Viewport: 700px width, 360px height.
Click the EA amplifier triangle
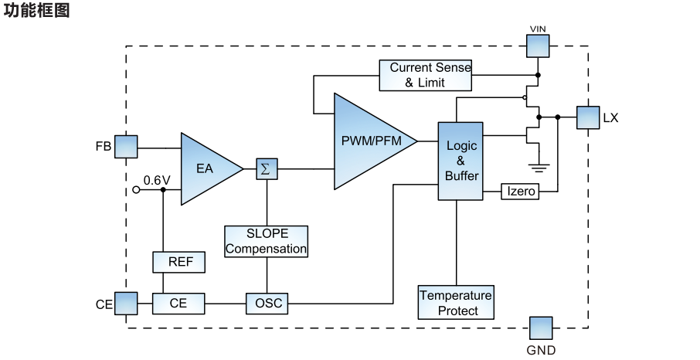(x=207, y=168)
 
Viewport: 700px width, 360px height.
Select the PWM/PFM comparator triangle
(x=369, y=141)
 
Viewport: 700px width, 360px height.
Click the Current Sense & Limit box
(x=426, y=75)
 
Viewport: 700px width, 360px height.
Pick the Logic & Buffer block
(x=460, y=161)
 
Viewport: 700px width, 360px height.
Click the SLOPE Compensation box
(x=267, y=241)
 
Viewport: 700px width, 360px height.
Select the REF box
(x=179, y=262)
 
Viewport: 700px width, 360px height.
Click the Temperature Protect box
(x=457, y=303)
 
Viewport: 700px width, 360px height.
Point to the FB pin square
(x=125, y=147)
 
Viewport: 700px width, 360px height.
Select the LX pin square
(x=588, y=118)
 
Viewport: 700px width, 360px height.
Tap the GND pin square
(x=541, y=328)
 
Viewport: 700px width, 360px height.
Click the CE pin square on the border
(x=126, y=304)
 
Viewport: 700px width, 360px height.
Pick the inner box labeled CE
(x=179, y=304)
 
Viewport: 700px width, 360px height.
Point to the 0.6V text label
(x=156, y=180)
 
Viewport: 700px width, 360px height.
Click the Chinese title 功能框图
(x=37, y=12)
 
